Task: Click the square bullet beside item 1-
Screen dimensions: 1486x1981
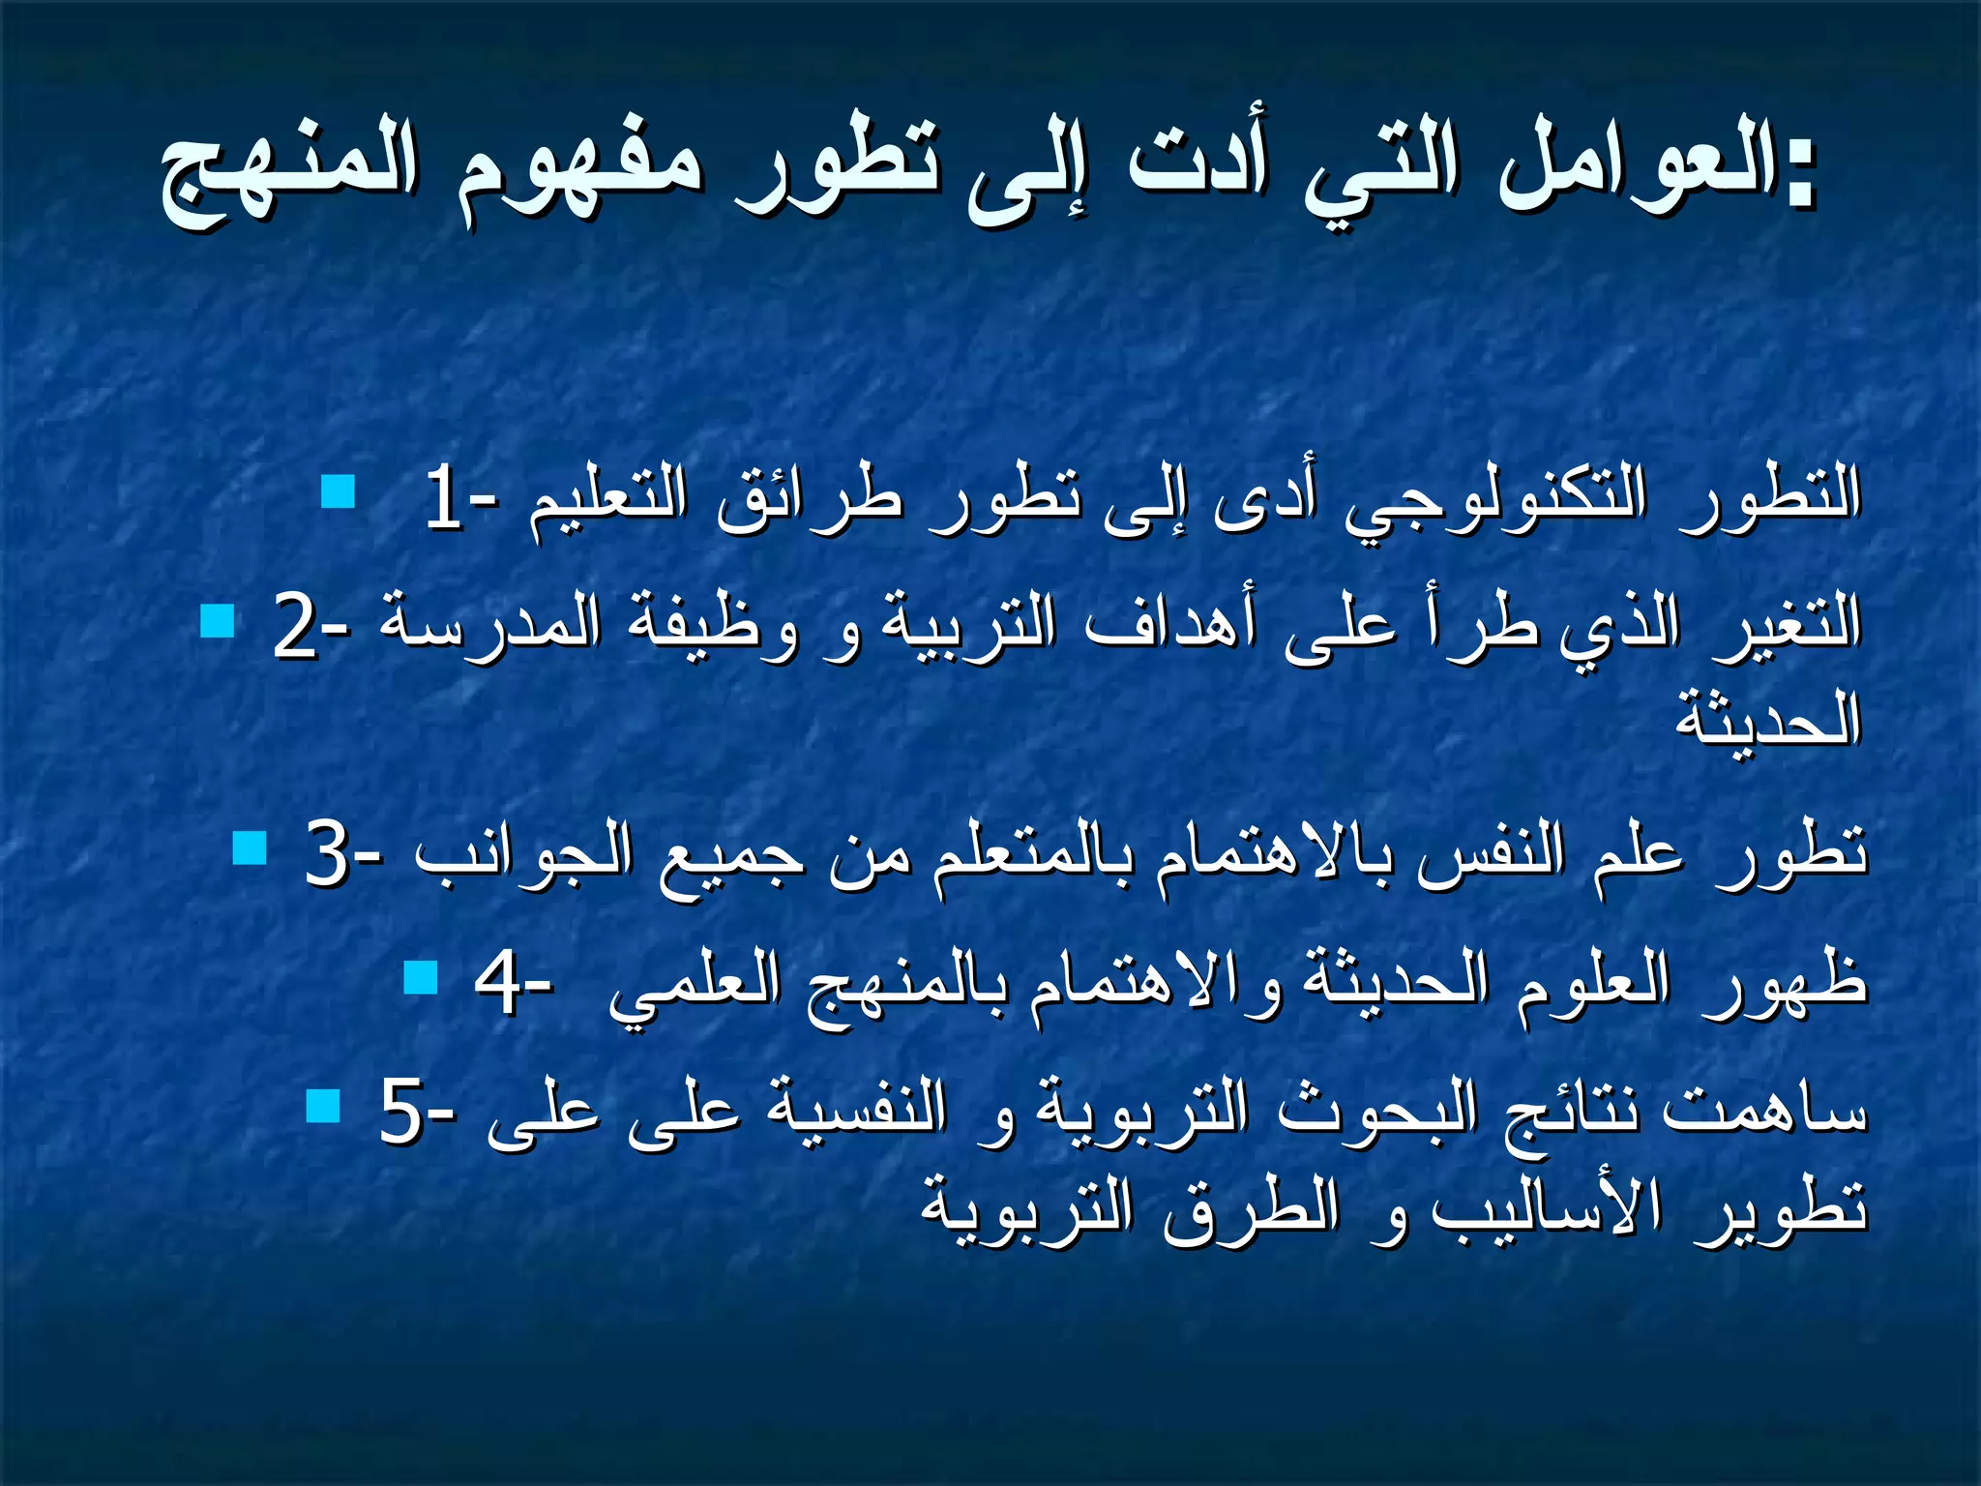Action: pos(339,491)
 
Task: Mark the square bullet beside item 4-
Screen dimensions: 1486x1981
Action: pos(421,977)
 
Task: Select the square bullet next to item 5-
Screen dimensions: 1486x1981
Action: pos(323,1105)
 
